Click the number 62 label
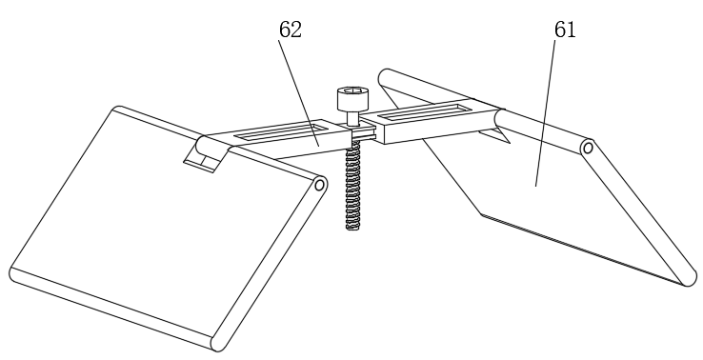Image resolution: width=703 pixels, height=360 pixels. click(291, 30)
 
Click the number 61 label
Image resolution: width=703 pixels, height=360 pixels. click(565, 30)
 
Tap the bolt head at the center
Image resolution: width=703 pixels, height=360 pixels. click(353, 99)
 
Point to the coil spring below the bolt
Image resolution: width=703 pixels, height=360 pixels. click(352, 185)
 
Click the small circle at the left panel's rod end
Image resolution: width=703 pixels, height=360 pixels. click(320, 185)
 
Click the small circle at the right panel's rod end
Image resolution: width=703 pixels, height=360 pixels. click(589, 148)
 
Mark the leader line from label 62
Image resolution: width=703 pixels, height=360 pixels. click(298, 92)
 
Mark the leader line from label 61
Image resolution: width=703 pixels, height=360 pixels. click(545, 113)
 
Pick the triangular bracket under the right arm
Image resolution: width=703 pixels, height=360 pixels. click(494, 136)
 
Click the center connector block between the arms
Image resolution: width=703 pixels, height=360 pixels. click(363, 133)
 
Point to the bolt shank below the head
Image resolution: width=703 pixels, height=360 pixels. click(353, 119)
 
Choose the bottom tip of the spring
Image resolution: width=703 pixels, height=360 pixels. click(352, 229)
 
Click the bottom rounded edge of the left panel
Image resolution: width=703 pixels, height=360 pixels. click(112, 310)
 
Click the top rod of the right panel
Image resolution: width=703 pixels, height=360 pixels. click(484, 110)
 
